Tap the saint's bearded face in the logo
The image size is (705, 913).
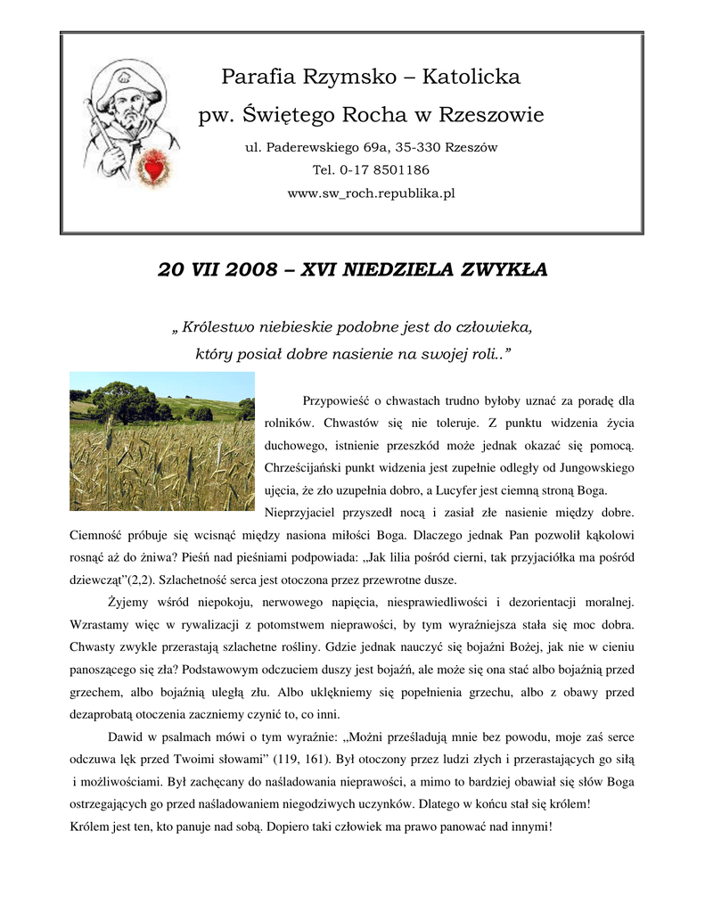132,108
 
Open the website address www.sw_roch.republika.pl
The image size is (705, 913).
371,193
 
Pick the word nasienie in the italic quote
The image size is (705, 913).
350,354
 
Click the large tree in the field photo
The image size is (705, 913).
125,400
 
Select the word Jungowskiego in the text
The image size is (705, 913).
589,466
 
